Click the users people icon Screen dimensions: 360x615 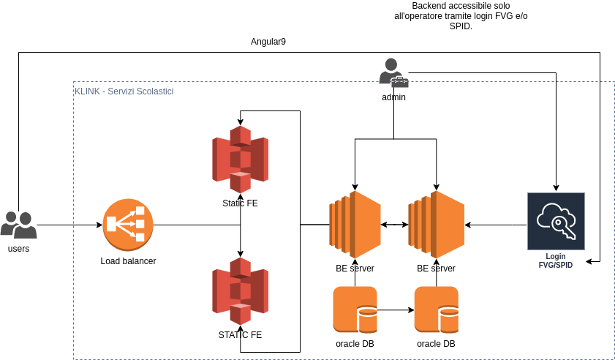18,225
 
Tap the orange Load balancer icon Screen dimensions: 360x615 128,224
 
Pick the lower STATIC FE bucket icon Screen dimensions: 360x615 240,290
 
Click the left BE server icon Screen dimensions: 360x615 355,225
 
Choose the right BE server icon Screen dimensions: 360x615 437,225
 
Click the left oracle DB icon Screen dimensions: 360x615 355,310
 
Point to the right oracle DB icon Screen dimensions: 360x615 437,310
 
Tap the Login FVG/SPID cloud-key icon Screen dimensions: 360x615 556,222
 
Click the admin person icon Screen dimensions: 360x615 393,72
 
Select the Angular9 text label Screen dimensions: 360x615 268,42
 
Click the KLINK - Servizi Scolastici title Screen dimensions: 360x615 124,91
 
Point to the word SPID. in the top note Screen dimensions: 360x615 461,26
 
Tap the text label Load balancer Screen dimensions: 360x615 128,261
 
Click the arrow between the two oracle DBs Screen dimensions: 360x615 396,310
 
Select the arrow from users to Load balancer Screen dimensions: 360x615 69,225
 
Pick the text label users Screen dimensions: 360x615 18,249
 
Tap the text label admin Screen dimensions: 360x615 393,97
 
